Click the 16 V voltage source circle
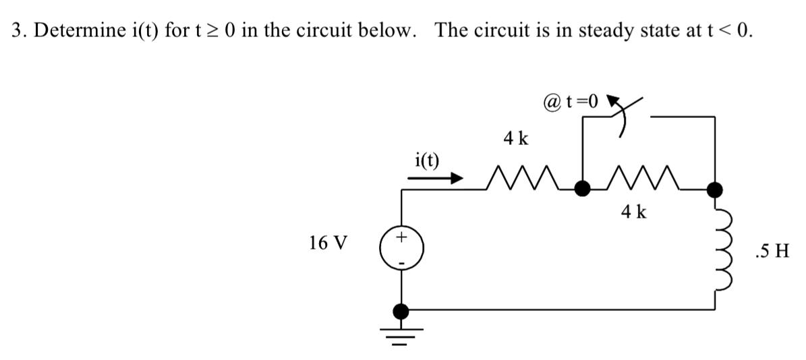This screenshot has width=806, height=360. (402, 249)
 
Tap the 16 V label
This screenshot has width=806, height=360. (328, 243)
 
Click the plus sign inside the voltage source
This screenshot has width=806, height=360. (402, 237)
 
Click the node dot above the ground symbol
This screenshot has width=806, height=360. (402, 311)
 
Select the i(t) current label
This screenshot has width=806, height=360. (426, 160)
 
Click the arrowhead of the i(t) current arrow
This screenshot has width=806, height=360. (456, 179)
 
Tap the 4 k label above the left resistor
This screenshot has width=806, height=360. (516, 140)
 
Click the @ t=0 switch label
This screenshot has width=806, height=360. (570, 102)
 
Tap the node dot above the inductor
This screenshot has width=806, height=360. (714, 188)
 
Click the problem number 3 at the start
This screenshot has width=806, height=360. (17, 31)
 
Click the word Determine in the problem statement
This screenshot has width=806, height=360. (79, 31)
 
